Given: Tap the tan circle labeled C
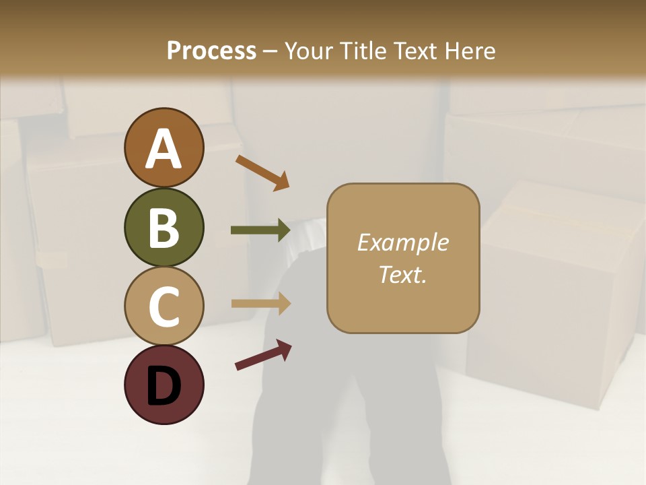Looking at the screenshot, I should (164, 306).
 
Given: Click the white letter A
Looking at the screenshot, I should (164, 149).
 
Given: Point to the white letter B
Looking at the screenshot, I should (164, 228).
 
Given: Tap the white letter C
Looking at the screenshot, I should (164, 307).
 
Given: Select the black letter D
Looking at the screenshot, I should (164, 386).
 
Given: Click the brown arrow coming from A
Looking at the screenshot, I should (262, 172).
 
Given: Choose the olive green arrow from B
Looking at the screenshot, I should (260, 230).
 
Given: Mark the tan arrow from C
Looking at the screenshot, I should (260, 303).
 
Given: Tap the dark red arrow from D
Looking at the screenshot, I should (263, 355).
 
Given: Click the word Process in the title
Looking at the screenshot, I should (211, 51).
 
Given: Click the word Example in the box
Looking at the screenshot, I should (402, 243).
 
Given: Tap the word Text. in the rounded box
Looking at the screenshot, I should (402, 274).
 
